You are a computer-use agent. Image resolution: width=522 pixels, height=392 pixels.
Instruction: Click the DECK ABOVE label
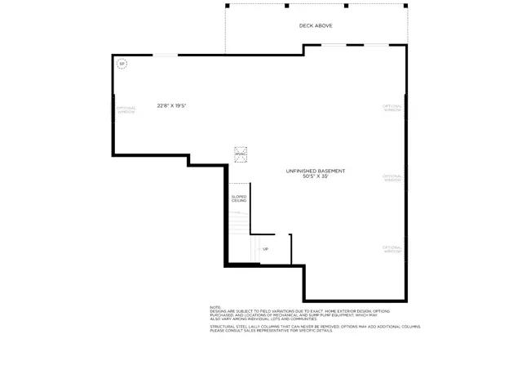click(x=316, y=25)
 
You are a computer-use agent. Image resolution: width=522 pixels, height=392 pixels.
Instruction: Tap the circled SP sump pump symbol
click(x=122, y=63)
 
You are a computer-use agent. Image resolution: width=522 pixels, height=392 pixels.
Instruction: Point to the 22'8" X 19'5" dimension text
click(x=172, y=105)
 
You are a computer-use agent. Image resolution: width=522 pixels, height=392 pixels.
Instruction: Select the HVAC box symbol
click(x=241, y=154)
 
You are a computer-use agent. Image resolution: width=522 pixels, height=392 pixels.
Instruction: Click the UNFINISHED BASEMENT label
click(x=315, y=171)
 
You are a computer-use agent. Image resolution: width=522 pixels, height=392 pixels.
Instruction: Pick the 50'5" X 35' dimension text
click(x=315, y=176)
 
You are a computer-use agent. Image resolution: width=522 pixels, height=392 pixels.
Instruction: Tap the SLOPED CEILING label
click(x=238, y=198)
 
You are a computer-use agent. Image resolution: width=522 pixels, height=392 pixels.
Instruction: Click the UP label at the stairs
click(x=265, y=249)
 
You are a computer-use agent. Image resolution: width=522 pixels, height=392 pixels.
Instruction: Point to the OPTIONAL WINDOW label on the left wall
click(x=126, y=110)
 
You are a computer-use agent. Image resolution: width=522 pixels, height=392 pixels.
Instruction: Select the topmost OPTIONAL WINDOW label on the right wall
click(x=393, y=107)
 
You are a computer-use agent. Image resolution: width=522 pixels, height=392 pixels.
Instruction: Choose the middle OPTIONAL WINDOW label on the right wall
click(x=393, y=178)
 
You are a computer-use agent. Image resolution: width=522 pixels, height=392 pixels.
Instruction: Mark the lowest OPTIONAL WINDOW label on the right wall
click(x=393, y=248)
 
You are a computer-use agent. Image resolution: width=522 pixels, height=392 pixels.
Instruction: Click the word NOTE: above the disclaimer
click(x=215, y=307)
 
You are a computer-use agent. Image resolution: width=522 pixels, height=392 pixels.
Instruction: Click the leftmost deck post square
click(x=228, y=6)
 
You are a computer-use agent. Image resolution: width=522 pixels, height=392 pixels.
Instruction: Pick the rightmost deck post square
click(x=405, y=6)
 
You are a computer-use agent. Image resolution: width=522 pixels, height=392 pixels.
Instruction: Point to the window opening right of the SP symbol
click(x=166, y=56)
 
